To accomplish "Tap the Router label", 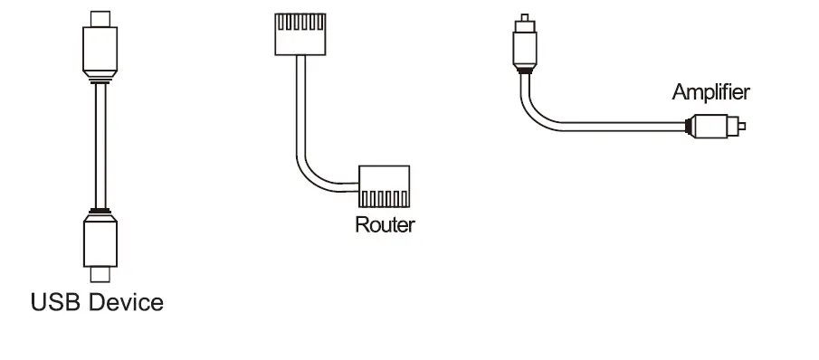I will [384, 224].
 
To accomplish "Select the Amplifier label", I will [710, 91].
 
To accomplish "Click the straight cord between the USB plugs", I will [100, 145].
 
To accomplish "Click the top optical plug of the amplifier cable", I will [522, 45].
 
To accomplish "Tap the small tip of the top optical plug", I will [522, 18].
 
